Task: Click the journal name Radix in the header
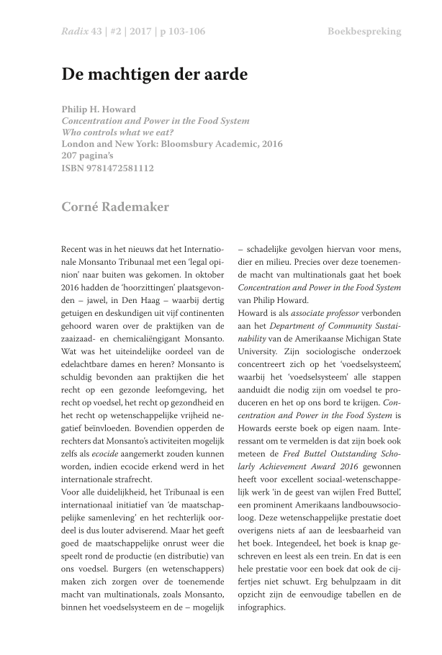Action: tap(76, 32)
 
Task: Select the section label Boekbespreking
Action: tap(364, 32)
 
